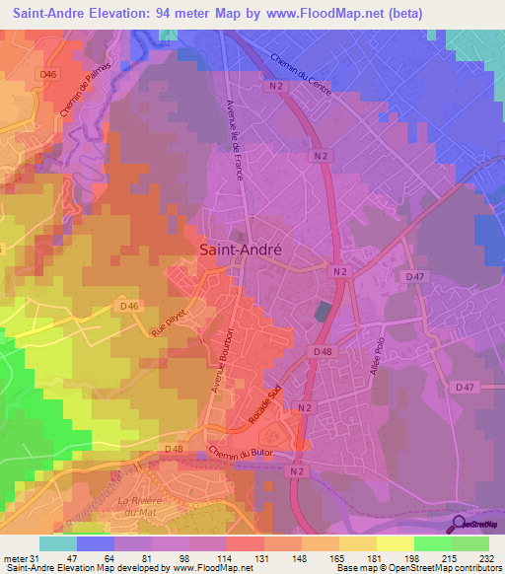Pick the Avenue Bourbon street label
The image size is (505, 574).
click(x=222, y=361)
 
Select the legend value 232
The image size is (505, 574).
click(x=489, y=558)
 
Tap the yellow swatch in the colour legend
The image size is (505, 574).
click(x=395, y=543)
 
